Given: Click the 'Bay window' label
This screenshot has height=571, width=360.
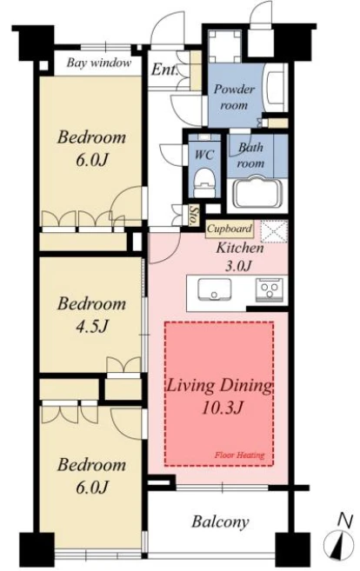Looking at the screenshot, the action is pos(98,63).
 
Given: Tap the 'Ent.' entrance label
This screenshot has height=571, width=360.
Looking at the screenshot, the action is pos(164,70).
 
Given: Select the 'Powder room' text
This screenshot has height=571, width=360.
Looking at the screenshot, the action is pos(234,97).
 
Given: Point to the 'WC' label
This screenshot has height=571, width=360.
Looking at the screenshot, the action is pos(204,155).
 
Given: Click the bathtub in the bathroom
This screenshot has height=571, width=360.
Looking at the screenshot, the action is pos(258,192).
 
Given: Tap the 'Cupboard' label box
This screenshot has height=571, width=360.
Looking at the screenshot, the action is pos(230,229).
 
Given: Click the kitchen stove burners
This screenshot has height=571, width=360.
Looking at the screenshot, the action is pos(270,289).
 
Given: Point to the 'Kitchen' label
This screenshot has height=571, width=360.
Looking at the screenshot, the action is pos(240,249).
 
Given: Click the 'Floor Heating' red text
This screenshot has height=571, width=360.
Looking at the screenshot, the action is pos(239,455).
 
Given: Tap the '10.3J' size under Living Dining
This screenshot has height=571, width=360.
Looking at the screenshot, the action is pos(222,408).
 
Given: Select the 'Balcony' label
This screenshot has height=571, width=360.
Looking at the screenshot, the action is pos(221,522).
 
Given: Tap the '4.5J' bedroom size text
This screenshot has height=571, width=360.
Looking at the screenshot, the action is pos(91,326).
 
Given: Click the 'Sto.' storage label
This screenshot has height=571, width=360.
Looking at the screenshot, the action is pos(192,216).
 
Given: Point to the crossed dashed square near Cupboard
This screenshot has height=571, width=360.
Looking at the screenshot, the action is pos(275,231).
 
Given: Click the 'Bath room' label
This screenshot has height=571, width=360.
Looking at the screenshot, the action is pos(250,155).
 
